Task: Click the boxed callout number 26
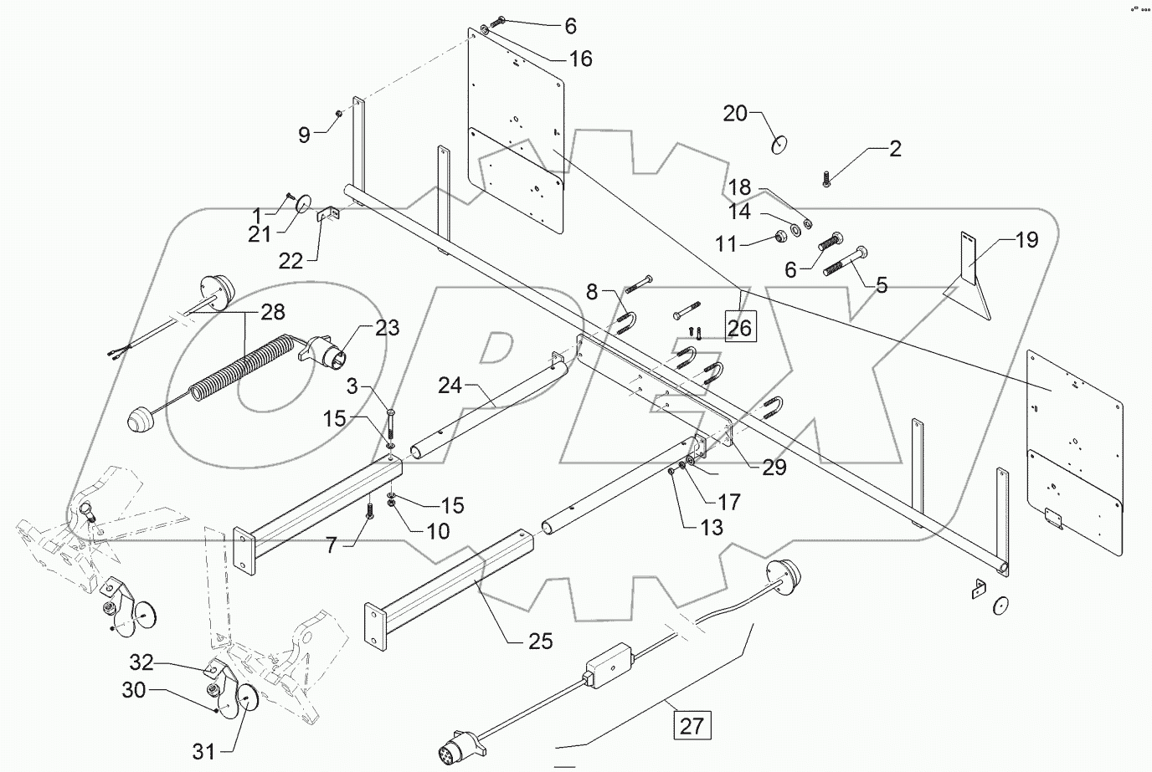coord(739,327)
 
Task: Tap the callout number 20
coord(735,115)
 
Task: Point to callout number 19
coord(1026,241)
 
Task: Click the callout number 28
coord(272,313)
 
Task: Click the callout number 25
coord(541,642)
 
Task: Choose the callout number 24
coord(450,386)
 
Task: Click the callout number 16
coord(580,59)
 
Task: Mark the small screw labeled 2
coord(826,179)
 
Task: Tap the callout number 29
coord(774,468)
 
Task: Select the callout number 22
coord(291,261)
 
